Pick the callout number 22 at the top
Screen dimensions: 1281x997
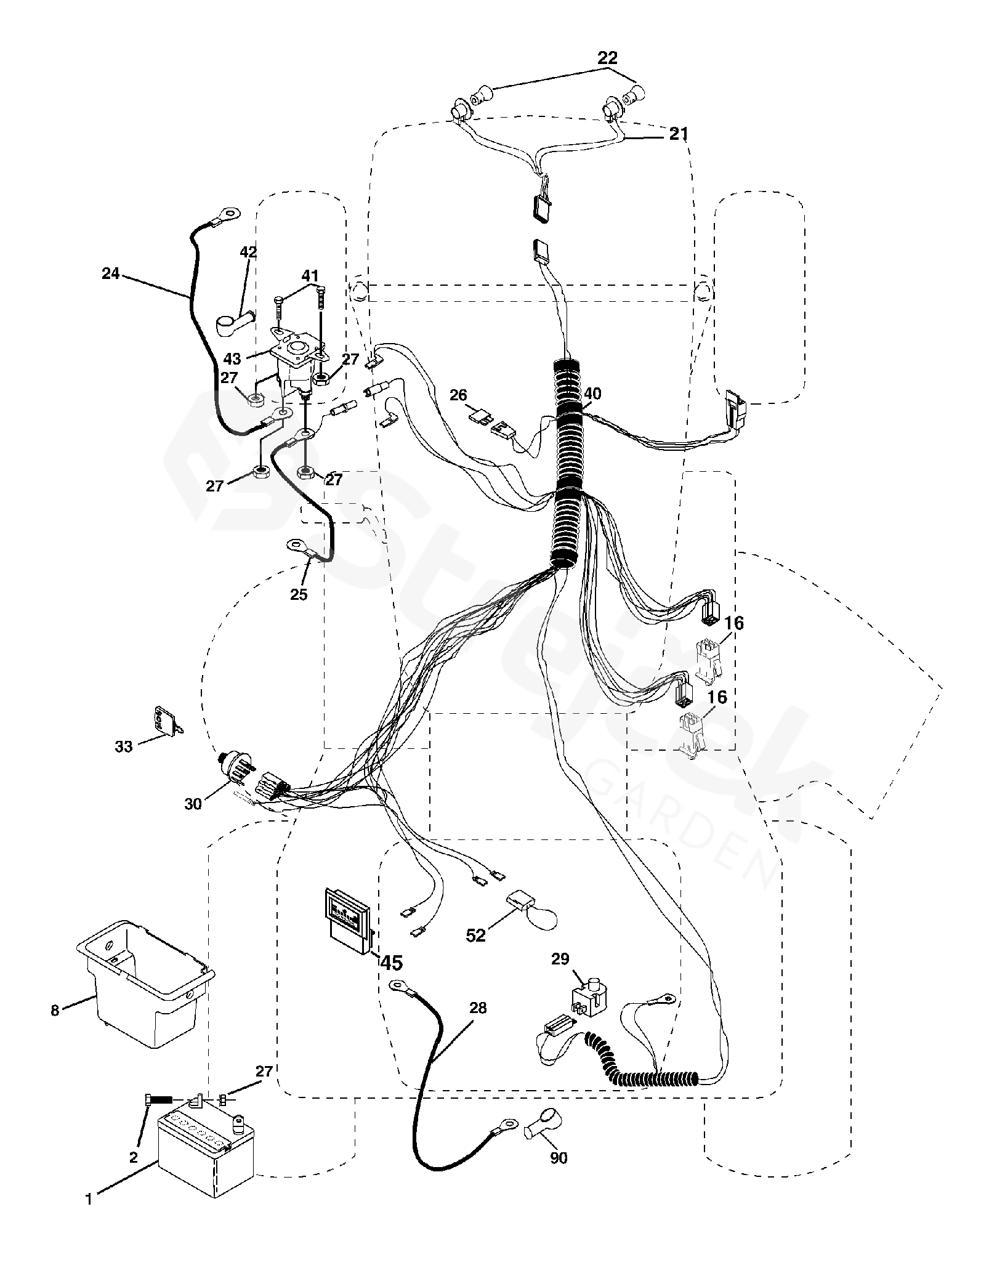click(607, 58)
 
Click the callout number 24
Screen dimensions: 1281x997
click(111, 272)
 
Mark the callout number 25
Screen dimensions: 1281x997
click(299, 595)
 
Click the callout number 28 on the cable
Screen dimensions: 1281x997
click(477, 1008)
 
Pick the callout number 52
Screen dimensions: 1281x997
click(475, 934)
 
